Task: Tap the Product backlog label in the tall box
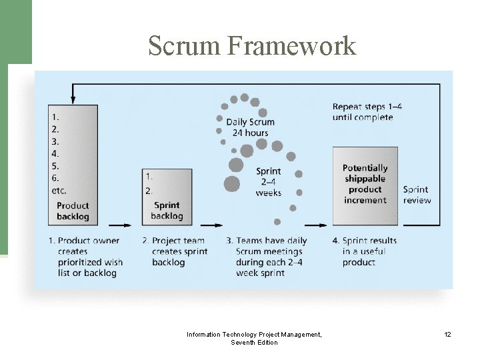[73, 211]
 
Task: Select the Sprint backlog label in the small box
[167, 211]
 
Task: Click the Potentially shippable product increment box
[365, 184]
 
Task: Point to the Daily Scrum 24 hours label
[250, 127]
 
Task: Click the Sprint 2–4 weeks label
[268, 182]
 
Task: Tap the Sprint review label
[417, 195]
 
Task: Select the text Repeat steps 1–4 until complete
[367, 112]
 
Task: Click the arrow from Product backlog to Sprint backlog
[120, 225]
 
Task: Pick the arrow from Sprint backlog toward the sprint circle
[212, 225]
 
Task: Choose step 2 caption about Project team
[175, 251]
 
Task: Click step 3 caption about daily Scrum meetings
[266, 257]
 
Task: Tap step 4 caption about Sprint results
[369, 251]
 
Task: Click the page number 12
[447, 334]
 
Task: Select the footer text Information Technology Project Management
[253, 334]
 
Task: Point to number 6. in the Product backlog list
[55, 178]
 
